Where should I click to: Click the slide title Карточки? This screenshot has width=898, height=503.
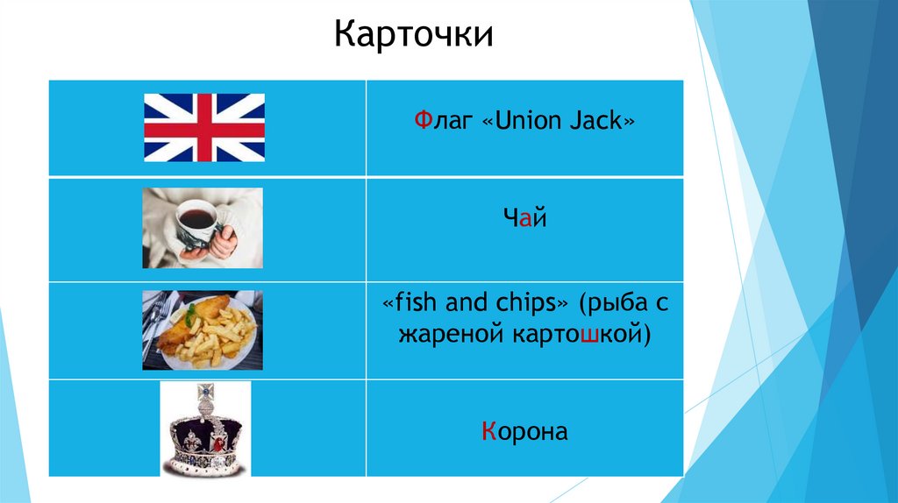(x=414, y=36)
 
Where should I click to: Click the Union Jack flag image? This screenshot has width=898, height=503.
(x=204, y=128)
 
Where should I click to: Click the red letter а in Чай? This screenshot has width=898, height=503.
(x=524, y=220)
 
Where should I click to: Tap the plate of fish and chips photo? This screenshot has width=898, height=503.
(x=203, y=329)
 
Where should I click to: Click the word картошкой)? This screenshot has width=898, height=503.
(x=581, y=335)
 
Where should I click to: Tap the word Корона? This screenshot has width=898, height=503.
(x=524, y=431)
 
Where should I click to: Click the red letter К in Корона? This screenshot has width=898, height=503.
(x=488, y=431)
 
